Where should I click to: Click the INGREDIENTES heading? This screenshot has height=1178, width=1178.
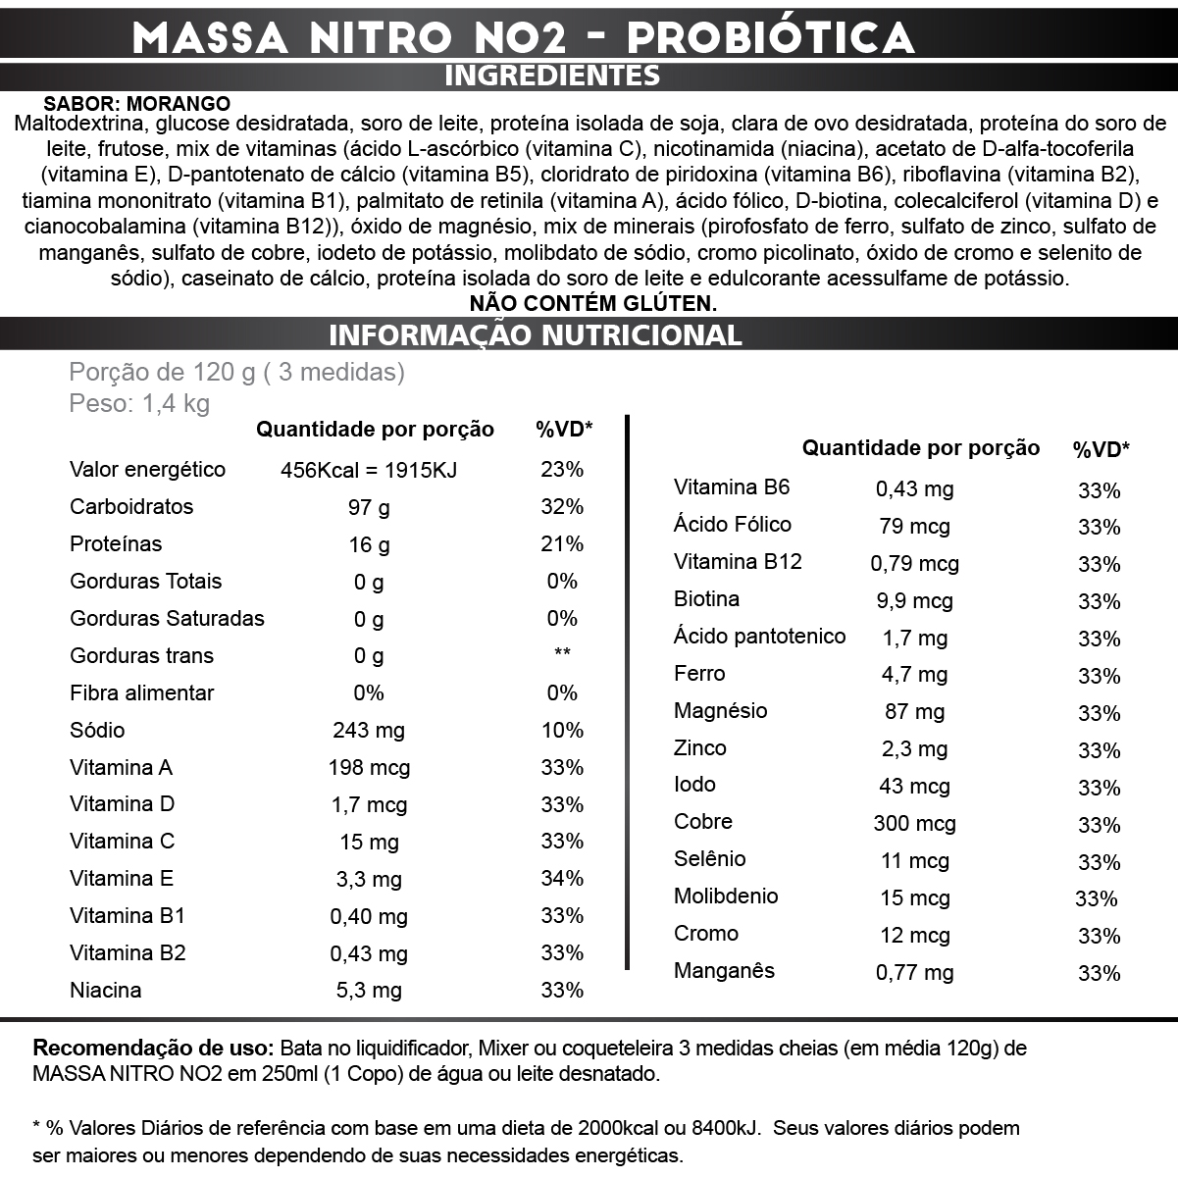point(552,76)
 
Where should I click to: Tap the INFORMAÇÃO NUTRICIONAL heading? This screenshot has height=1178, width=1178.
point(536,334)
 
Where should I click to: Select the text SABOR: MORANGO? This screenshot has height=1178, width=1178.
point(137,104)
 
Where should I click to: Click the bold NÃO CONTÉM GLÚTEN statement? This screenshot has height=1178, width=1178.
point(593,303)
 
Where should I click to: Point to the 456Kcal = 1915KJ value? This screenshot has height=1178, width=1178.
point(369,470)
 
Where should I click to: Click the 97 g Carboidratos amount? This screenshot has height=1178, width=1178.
point(369,507)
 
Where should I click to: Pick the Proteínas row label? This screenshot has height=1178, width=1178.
point(116,544)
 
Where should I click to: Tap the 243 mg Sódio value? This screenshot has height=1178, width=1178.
point(369,731)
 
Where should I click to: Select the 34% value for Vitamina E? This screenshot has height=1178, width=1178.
point(562,879)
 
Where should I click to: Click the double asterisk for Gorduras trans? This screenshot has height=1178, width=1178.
point(562,653)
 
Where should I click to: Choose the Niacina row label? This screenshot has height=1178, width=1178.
point(106,991)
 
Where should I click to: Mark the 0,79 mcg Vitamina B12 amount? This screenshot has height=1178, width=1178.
point(915,564)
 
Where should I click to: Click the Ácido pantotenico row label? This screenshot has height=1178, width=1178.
point(759,637)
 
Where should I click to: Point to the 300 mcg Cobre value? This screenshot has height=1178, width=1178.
point(915,824)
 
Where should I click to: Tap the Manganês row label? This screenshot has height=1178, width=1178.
point(724,971)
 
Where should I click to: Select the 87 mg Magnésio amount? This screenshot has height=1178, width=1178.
point(915,713)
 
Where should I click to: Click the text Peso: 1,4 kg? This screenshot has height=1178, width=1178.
point(139,404)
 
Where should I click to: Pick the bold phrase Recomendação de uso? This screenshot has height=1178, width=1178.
point(154,1048)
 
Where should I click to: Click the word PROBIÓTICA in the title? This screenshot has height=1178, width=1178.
point(770,37)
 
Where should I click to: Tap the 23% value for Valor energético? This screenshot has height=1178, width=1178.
point(562,470)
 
